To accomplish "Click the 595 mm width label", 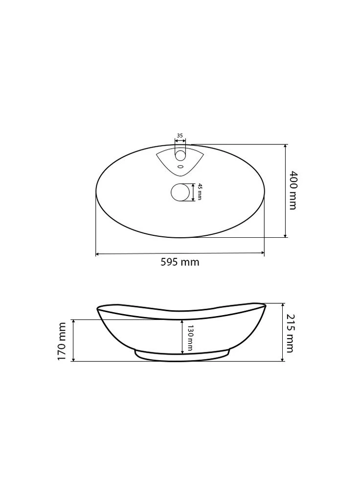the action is (x=180, y=262).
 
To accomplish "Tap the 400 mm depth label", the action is (x=292, y=190).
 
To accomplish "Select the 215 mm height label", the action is (x=290, y=333).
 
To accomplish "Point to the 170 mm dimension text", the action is (x=62, y=341).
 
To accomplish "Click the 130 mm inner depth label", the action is (x=190, y=338).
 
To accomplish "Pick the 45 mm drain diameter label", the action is (x=200, y=192).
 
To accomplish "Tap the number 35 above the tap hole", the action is (x=180, y=136).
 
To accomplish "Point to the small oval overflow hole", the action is (x=180, y=166).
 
